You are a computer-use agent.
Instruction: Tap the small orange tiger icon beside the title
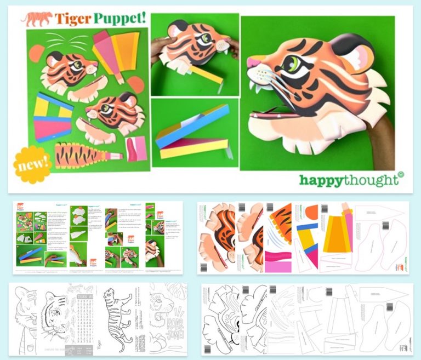pyautogui.click(x=36, y=19)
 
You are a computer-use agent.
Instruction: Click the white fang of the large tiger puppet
pyautogui.click(x=254, y=87)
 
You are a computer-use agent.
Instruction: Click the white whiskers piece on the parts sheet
pyautogui.click(x=61, y=41)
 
